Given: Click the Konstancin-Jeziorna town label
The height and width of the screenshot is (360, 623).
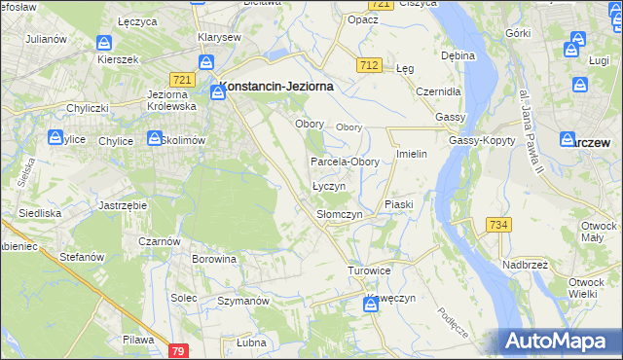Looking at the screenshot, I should tap(278, 86).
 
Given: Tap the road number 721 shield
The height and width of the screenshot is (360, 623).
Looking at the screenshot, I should tap(179, 79).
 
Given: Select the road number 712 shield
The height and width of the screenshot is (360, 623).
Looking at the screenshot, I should tap(368, 65).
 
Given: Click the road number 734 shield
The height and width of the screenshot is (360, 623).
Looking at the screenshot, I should tap(498, 225).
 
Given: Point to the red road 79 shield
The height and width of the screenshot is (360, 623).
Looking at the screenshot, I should tap(177, 350).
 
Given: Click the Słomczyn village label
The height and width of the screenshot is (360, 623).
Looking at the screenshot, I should tap(340, 214).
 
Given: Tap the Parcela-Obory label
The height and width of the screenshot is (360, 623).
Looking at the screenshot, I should tap(345, 162).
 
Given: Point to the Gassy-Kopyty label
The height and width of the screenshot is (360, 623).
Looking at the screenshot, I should tap(476, 141).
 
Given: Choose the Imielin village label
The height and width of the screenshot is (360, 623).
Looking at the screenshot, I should tap(413, 155).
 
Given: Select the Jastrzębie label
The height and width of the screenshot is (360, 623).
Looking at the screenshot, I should tap(123, 206).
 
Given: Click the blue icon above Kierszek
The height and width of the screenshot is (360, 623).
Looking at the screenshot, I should tap(105, 43).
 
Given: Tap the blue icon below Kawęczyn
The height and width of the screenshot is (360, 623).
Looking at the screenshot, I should tap(371, 306).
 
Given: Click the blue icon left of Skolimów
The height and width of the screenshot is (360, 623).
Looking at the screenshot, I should tap(153, 139).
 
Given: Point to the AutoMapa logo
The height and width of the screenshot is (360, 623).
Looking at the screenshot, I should tap(559, 341).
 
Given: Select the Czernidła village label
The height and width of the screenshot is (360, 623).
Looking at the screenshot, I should tap(437, 90).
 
